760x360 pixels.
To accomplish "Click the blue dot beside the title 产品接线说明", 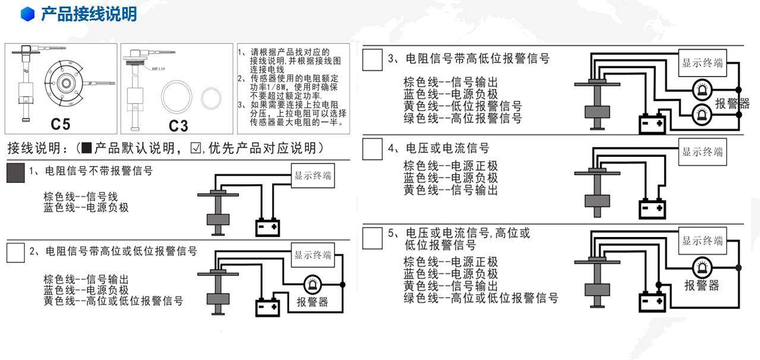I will (28, 14).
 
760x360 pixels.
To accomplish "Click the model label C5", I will (61, 125).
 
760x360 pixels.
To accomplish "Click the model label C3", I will (178, 125).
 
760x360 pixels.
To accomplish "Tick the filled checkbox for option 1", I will (15, 173).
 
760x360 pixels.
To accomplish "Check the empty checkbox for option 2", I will (15, 252).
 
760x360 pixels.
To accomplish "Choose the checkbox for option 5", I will (373, 237).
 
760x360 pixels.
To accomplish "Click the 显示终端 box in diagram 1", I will (313, 176).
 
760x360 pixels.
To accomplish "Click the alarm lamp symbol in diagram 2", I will (311, 285).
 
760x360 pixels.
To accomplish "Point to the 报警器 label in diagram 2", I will (313, 302).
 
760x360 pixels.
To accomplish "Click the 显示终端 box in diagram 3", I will (702, 64).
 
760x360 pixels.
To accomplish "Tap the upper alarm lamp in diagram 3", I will (702, 90).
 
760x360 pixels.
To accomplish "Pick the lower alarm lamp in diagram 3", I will (702, 112).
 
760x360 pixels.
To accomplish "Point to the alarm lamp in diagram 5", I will (702, 267).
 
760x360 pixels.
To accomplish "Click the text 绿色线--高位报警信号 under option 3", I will (462, 118).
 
